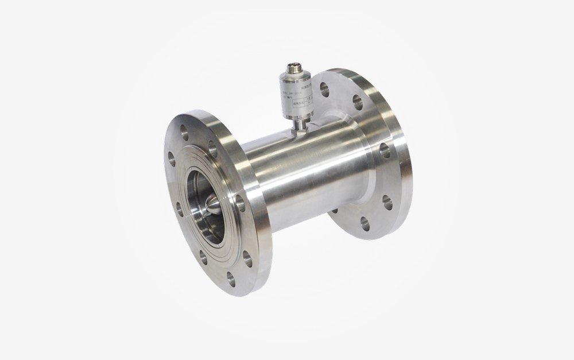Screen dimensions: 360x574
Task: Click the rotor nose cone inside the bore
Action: tap(213, 203)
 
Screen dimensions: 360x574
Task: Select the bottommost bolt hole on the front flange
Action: tap(231, 278)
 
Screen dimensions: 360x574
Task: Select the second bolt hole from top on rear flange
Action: tap(358, 103)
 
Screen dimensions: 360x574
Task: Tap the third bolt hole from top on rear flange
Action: tap(384, 150)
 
